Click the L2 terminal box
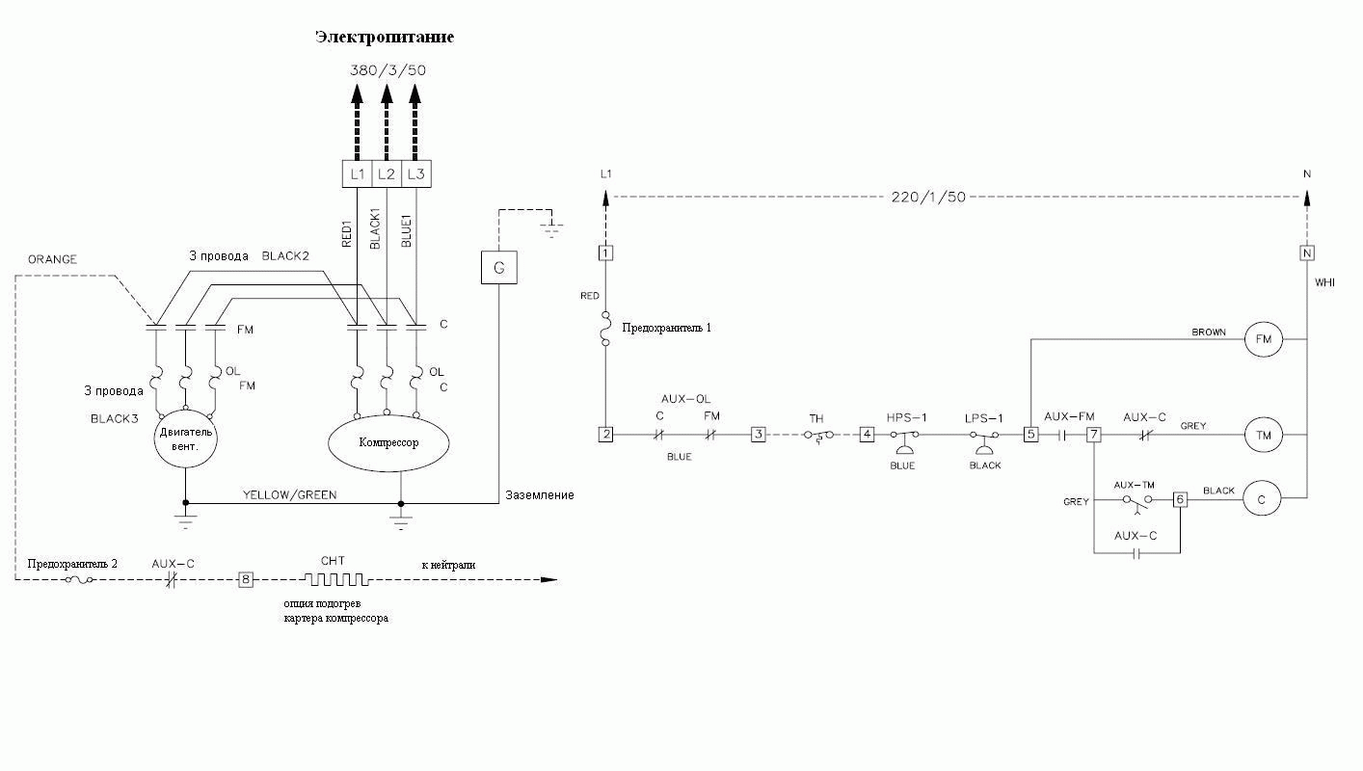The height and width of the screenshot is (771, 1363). [x=387, y=174]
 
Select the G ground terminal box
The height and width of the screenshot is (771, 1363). [x=499, y=268]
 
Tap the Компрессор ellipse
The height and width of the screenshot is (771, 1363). [x=388, y=443]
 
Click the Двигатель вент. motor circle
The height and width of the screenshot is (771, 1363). [x=186, y=439]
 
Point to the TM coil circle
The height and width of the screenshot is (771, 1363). [x=1263, y=435]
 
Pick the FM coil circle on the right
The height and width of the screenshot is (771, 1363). [x=1263, y=339]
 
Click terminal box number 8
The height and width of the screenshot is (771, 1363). [x=245, y=579]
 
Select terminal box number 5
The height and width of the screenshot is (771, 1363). [x=1030, y=435]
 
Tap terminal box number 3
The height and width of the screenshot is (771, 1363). [x=759, y=435]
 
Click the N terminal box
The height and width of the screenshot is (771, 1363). [x=1307, y=253]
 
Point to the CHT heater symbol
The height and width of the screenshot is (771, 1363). [x=336, y=579]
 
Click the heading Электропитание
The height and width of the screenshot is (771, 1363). [x=385, y=38]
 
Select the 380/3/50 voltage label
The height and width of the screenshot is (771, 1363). [x=388, y=70]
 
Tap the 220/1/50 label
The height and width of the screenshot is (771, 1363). [x=928, y=198]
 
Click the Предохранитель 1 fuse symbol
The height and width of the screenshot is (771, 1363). [x=606, y=329]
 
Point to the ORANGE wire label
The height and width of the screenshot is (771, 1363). [x=52, y=259]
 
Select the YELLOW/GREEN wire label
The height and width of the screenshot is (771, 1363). [x=289, y=495]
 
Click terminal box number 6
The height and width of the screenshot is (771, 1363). [x=1180, y=499]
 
